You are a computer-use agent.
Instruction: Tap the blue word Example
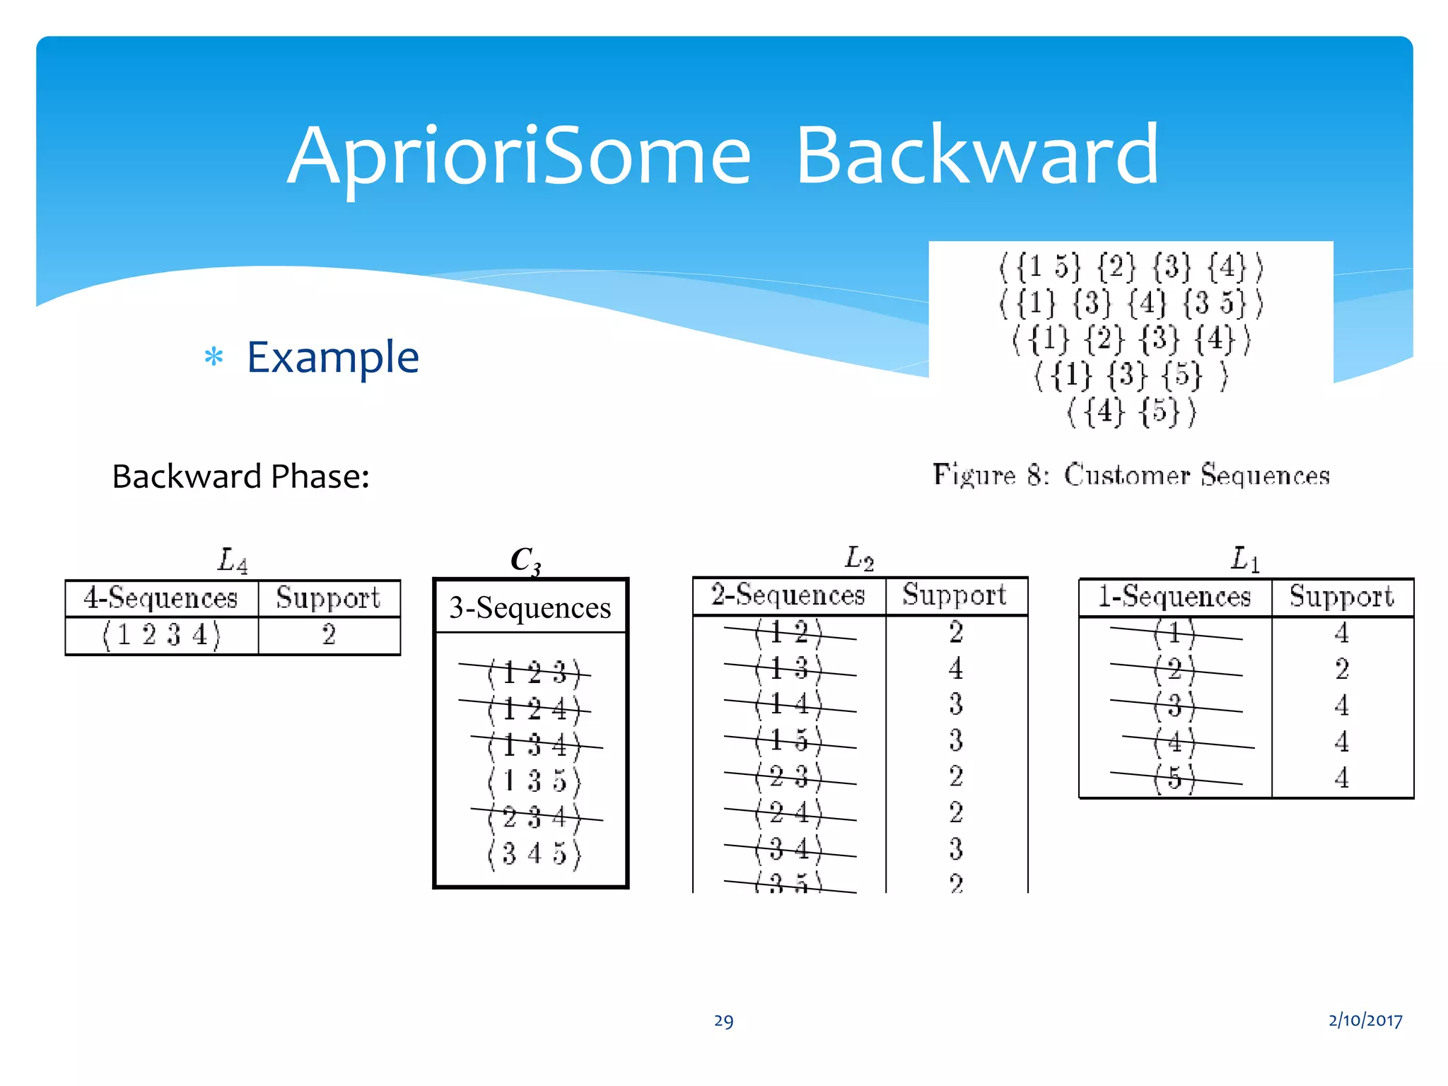[x=332, y=357]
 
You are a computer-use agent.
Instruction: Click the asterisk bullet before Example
[x=214, y=357]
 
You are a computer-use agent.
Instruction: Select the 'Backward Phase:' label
[x=240, y=477]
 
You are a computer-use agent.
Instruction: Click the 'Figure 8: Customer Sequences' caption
[x=1131, y=475]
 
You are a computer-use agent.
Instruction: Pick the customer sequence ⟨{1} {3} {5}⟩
[x=1131, y=375]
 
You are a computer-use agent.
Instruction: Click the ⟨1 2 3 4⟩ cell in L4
[x=161, y=635]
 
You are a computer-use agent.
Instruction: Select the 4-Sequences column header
[x=161, y=598]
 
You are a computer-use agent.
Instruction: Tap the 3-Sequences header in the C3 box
[x=530, y=608]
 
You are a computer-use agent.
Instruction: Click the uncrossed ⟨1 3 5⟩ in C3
[x=534, y=781]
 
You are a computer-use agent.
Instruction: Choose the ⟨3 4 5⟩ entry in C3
[x=534, y=854]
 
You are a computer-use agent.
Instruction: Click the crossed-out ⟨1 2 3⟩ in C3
[x=534, y=672]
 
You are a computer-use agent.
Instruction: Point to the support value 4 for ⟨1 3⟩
[x=955, y=668]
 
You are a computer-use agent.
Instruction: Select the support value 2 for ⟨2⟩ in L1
[x=1341, y=669]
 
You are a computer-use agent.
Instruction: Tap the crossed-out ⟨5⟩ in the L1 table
[x=1174, y=778]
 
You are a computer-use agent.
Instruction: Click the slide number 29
[x=723, y=1021]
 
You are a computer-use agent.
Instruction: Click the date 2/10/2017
[x=1365, y=1020]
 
